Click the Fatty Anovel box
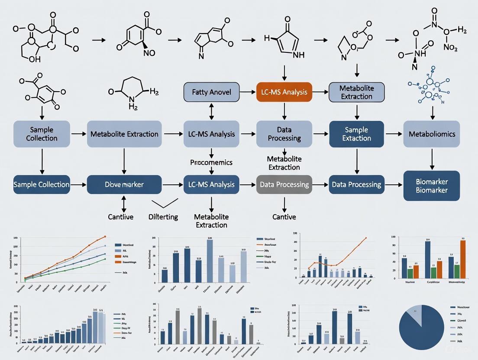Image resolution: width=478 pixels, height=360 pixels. (212, 92)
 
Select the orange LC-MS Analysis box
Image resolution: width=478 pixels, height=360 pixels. (284, 92)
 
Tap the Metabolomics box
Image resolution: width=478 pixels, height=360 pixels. (432, 134)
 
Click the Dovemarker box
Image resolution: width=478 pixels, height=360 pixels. (124, 184)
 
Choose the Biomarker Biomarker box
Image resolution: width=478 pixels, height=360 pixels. (432, 186)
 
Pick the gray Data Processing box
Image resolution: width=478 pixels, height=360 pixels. (284, 184)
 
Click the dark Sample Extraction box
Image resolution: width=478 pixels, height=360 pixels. (356, 134)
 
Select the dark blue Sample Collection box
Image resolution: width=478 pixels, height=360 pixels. (42, 184)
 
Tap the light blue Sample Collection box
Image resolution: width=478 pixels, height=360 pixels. (42, 134)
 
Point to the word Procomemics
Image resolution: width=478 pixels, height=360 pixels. (211, 163)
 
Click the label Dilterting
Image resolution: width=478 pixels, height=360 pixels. (163, 217)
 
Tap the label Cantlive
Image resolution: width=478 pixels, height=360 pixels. (120, 217)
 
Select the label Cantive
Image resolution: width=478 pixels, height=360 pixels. (284, 217)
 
